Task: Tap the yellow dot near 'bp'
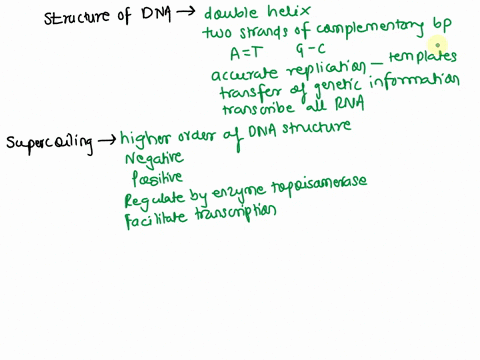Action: click(x=437, y=44)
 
